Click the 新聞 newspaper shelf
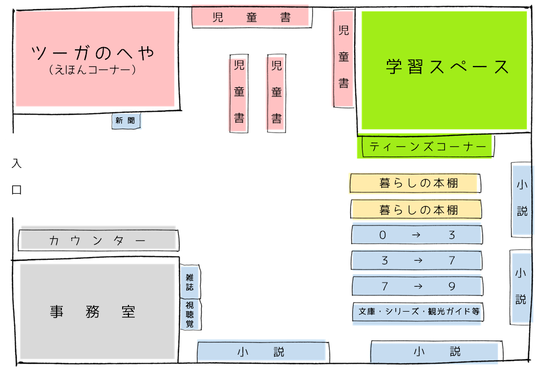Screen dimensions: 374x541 click(126, 121)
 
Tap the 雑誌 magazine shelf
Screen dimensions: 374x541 click(190, 282)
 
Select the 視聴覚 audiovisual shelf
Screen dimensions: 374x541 click(190, 314)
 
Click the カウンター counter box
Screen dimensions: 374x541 click(98, 241)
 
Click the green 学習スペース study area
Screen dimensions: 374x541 click(444, 70)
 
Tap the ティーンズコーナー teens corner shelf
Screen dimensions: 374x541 click(425, 146)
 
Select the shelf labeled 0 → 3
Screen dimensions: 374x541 click(417, 235)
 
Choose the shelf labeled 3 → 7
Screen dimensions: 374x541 click(417, 260)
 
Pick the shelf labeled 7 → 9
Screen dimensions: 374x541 click(417, 286)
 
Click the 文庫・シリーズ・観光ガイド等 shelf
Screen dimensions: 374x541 click(418, 313)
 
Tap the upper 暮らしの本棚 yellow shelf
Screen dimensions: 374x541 click(415, 183)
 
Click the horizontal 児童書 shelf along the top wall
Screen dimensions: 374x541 click(251, 17)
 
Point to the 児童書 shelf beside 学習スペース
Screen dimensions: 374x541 click(343, 58)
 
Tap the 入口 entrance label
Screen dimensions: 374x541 click(16, 177)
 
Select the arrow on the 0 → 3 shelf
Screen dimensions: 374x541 click(416, 235)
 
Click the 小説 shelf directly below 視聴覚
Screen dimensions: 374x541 click(262, 352)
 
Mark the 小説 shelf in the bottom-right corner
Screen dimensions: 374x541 click(436, 352)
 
